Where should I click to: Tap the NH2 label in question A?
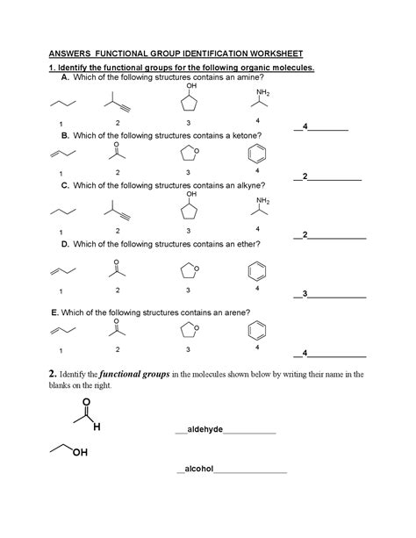tap(263, 92)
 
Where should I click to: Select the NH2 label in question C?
tap(263, 201)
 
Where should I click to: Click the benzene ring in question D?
tap(257, 269)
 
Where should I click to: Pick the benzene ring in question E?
tap(257, 331)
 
